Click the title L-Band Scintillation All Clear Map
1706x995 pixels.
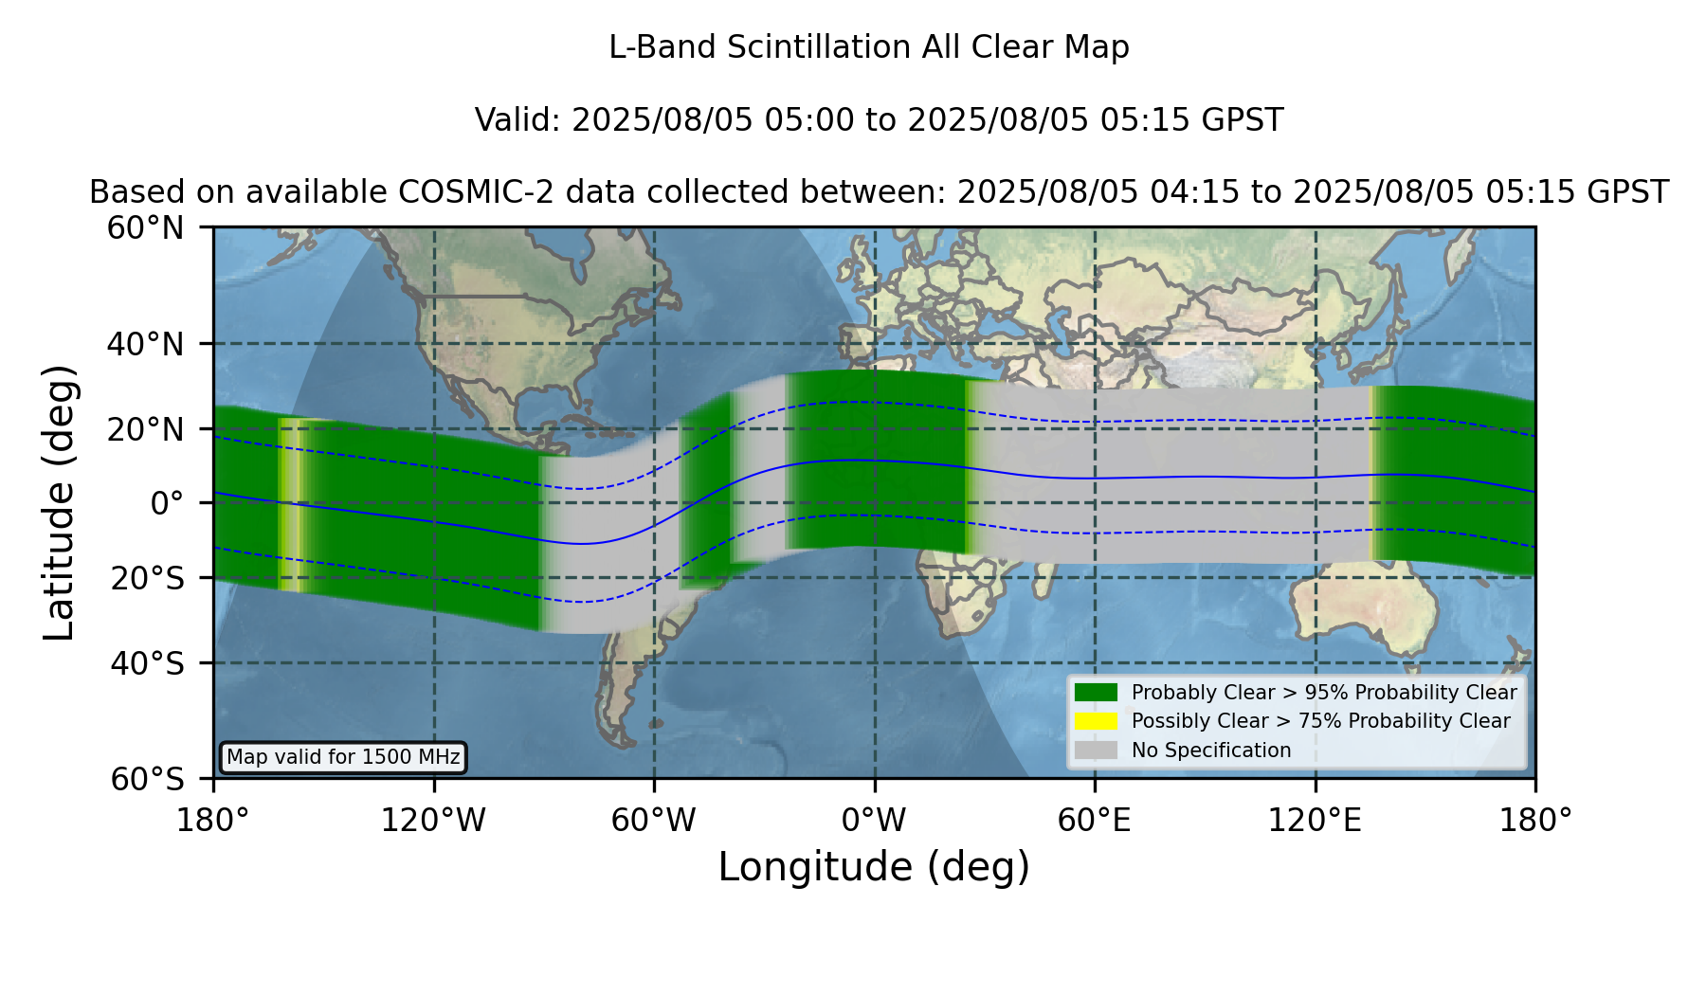click(868, 47)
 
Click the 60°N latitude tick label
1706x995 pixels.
click(146, 228)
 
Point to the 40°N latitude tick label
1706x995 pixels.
click(146, 344)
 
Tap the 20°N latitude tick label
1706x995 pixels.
click(146, 429)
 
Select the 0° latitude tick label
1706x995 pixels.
click(167, 503)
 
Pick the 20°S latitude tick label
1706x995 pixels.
click(148, 578)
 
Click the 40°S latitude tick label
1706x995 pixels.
click(148, 663)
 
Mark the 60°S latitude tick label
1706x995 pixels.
click(148, 779)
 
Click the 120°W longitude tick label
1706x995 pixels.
click(433, 820)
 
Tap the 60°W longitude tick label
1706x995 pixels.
click(654, 820)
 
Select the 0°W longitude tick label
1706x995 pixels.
click(874, 820)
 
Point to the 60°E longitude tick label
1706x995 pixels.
click(1095, 820)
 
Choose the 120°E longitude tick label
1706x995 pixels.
click(1316, 820)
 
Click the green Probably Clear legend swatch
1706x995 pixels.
click(1097, 693)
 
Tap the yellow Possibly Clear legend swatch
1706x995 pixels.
click(1097, 721)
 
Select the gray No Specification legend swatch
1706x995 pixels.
click(1097, 751)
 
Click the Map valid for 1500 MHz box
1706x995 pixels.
click(343, 757)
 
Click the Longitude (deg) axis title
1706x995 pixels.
click(874, 867)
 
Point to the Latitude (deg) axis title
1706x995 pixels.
click(59, 502)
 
